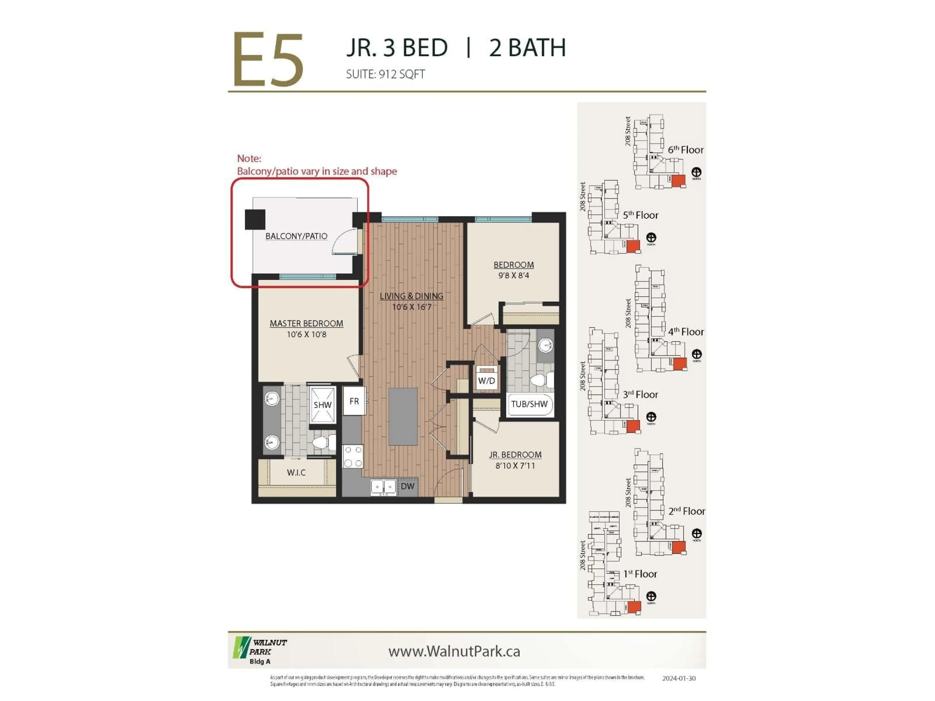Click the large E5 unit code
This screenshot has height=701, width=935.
click(x=268, y=60)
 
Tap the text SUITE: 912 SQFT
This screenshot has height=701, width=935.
click(x=385, y=74)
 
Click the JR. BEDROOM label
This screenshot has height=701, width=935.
click(x=515, y=455)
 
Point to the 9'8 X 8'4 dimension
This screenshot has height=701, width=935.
click(x=514, y=276)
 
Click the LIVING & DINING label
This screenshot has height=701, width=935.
click(x=411, y=296)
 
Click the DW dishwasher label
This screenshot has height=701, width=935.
click(x=407, y=486)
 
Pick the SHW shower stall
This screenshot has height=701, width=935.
click(x=323, y=405)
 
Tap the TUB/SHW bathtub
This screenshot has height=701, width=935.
click(x=529, y=404)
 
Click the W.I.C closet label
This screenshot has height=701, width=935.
click(x=296, y=472)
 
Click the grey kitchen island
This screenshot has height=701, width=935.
click(x=403, y=417)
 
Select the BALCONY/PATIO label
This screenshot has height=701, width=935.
click(x=296, y=236)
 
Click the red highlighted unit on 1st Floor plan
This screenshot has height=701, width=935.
click(x=634, y=607)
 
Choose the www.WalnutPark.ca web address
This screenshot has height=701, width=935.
click(x=454, y=651)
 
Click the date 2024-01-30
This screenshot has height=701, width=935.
click(x=678, y=678)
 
